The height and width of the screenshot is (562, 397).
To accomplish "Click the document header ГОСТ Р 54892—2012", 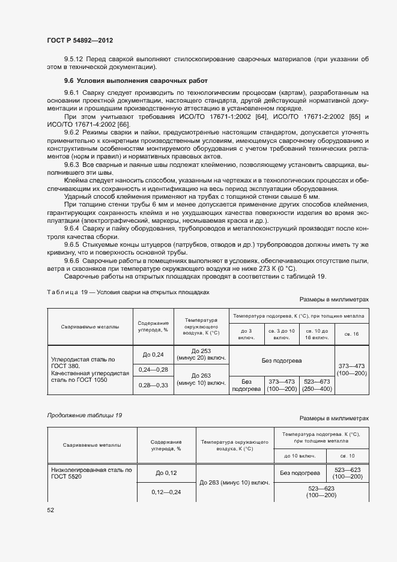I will [80, 40].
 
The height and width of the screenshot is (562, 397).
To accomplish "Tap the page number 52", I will [50, 510].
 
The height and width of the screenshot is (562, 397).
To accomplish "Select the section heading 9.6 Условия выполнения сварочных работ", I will [136, 80].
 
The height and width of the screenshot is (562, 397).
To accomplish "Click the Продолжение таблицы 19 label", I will [84, 415].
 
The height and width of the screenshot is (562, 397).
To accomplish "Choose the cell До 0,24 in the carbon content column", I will [153, 354].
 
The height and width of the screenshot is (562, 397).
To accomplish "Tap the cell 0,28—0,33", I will [153, 384].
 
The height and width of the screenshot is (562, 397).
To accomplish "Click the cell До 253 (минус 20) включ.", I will [202, 354].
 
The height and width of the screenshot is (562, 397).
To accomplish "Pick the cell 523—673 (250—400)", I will [317, 385].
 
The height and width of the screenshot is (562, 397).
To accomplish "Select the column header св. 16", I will [351, 334].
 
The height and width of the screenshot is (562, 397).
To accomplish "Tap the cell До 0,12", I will [166, 473].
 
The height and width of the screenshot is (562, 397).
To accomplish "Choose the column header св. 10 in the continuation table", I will [347, 456].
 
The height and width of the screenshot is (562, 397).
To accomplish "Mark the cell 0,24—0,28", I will [153, 369].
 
